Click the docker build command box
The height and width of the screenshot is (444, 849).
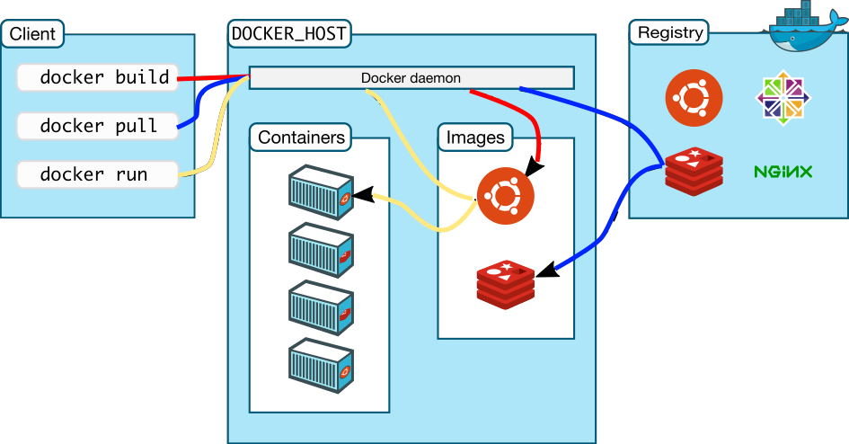click(x=97, y=77)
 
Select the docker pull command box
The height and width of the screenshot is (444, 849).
click(x=97, y=126)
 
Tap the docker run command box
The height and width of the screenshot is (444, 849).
click(x=97, y=174)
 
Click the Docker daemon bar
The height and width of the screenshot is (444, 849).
click(x=411, y=78)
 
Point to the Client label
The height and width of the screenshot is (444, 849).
click(x=33, y=35)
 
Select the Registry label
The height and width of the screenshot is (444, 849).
click(x=669, y=33)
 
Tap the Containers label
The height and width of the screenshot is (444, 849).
click(x=301, y=138)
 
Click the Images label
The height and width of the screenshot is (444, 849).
click(x=475, y=138)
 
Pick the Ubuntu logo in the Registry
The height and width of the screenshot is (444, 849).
click(x=694, y=97)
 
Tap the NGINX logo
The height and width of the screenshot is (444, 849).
click(x=783, y=171)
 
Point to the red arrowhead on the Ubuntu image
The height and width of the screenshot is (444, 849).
click(x=535, y=166)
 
